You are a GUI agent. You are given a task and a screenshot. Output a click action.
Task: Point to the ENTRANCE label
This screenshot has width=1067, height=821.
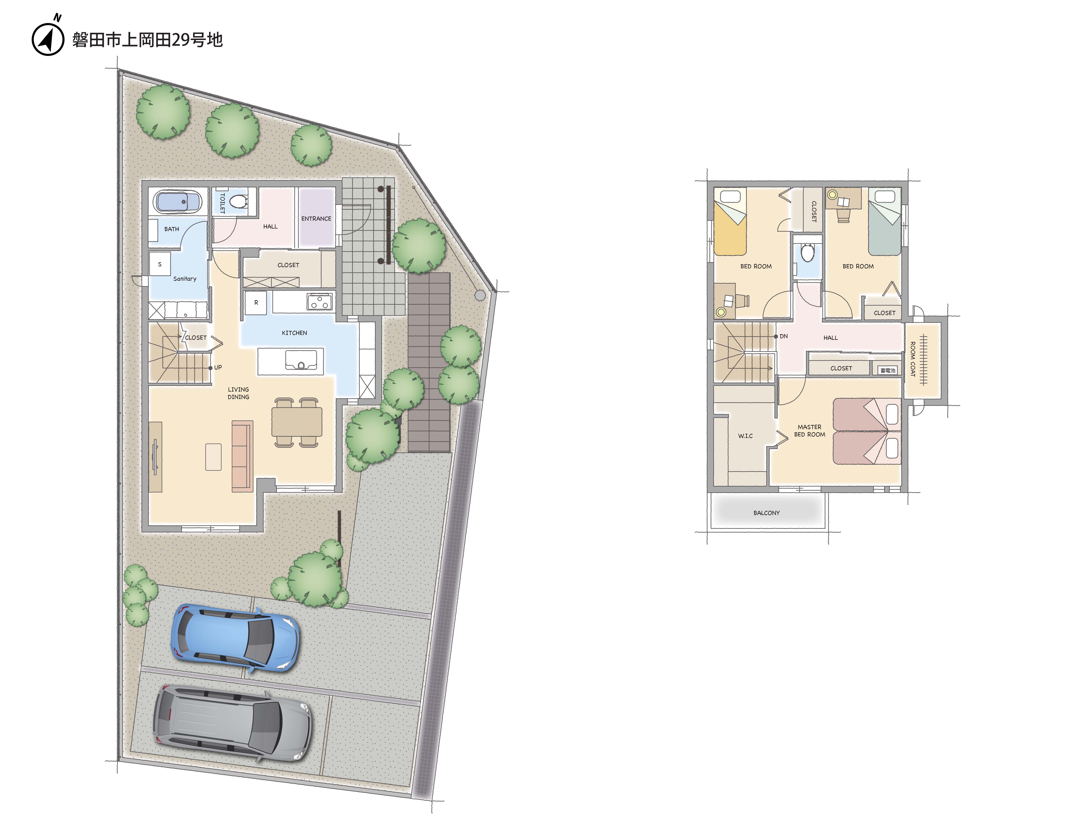coord(316,219)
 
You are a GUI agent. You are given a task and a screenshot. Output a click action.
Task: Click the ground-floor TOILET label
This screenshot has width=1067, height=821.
coord(222,203)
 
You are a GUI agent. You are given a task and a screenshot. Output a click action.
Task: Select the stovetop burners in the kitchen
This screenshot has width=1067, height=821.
coord(320,302)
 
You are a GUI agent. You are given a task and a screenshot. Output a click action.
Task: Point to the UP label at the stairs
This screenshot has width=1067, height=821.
coord(218,367)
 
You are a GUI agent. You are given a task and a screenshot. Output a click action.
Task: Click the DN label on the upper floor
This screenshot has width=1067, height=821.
coord(784,336)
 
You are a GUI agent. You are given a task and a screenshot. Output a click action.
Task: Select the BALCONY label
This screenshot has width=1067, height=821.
coord(767,513)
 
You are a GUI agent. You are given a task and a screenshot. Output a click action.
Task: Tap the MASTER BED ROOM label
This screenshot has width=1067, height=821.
coord(810,431)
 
